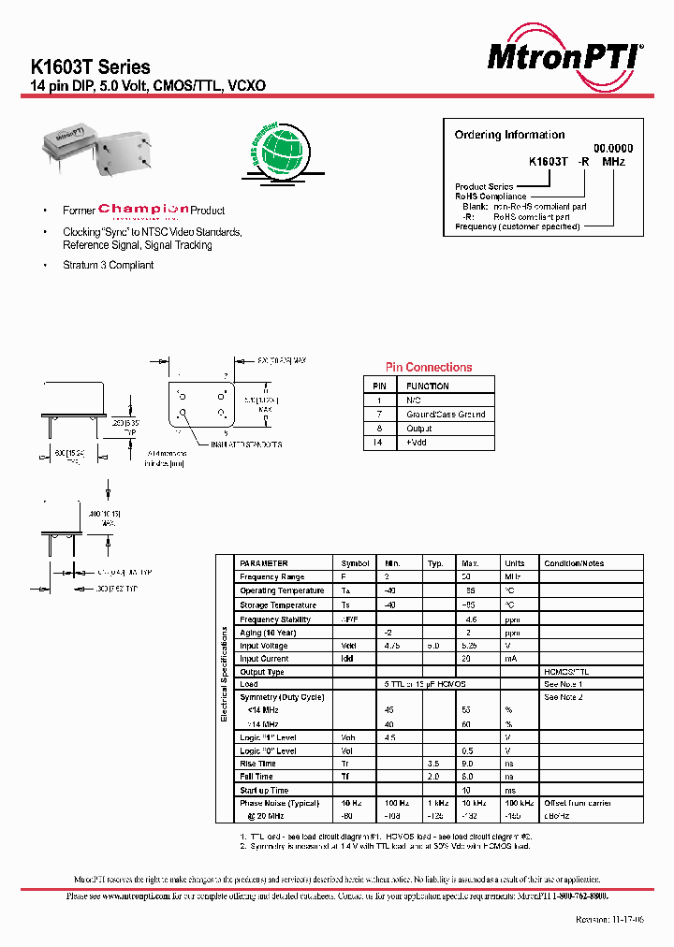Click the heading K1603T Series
pos(91,67)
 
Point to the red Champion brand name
pos(143,210)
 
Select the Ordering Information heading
pos(509,135)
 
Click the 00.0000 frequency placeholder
pos(614,148)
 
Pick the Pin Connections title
pos(429,368)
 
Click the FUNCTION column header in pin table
pos(428,386)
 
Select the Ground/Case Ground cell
pos(446,415)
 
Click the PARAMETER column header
pos(264,563)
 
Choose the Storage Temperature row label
pos(277,605)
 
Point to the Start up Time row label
pos(264,791)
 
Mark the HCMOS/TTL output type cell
pos(566,672)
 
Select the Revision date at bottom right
pos(608,921)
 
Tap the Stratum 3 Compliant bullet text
pos(109,266)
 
